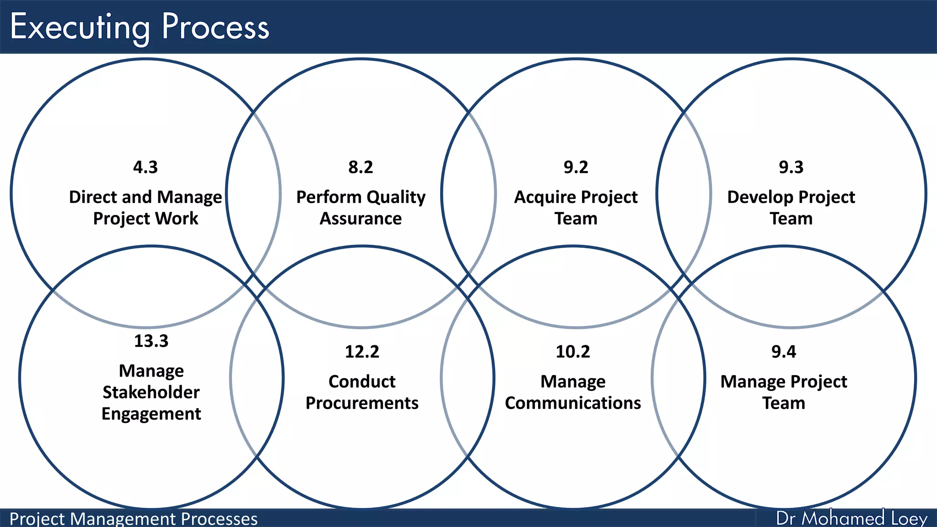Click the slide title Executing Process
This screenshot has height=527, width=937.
140,27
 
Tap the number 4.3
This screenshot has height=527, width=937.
145,167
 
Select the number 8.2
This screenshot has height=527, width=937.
361,167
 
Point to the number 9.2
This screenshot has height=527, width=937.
576,167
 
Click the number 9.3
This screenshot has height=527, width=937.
791,167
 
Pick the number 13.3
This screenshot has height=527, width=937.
151,341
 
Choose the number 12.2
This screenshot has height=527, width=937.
362,352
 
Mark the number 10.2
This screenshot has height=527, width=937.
573,352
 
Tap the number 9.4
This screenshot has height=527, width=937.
783,352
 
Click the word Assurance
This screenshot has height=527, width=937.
361,219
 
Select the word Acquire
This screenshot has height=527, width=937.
540,198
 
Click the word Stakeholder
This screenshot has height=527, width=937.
151,393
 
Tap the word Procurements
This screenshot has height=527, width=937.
362,403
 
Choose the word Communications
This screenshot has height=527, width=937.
573,403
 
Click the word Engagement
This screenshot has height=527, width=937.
151,414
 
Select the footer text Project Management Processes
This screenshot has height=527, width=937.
133,519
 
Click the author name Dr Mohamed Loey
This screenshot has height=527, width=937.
851,518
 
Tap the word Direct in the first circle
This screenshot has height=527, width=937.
93,197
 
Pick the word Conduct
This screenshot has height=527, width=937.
362,382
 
